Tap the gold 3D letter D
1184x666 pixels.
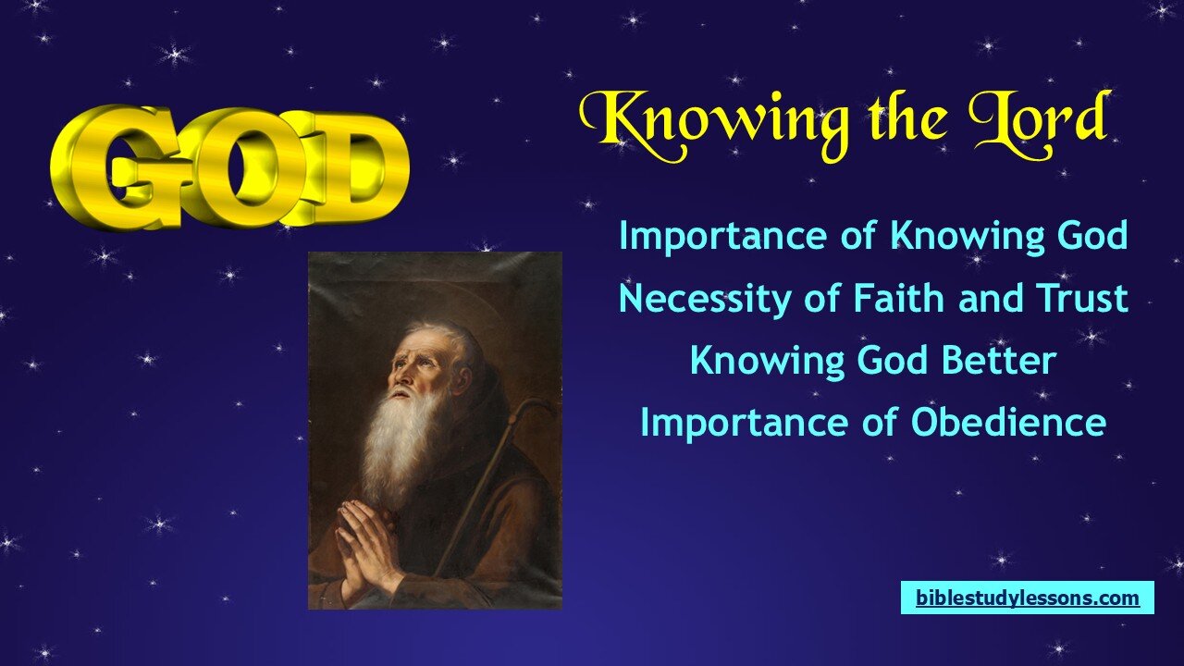tap(351, 168)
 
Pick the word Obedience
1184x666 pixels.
tap(1008, 423)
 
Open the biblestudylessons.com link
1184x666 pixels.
tap(1028, 598)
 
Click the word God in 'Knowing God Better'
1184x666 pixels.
tap(894, 361)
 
